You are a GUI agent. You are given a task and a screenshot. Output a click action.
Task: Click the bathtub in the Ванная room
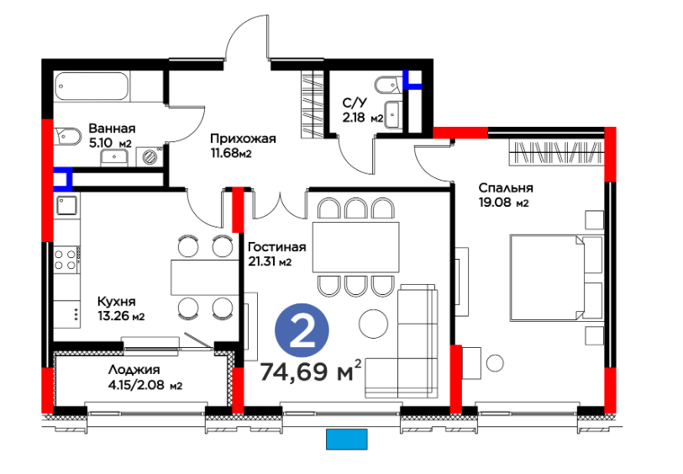tap(92, 86)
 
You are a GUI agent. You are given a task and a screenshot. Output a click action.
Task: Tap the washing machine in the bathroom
tap(150, 156)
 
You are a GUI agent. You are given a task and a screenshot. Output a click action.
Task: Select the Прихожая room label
tap(243, 139)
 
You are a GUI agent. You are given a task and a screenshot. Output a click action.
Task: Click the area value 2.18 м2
tap(362, 118)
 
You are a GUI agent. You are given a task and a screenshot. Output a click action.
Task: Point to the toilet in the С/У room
tap(388, 86)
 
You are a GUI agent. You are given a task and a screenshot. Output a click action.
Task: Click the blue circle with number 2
tap(302, 330)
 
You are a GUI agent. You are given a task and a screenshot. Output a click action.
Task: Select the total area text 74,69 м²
tap(311, 371)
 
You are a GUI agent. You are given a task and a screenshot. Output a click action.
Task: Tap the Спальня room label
tap(506, 187)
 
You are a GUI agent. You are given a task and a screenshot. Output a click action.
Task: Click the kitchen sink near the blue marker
tap(66, 205)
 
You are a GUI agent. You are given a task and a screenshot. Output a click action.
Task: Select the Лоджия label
tap(134, 370)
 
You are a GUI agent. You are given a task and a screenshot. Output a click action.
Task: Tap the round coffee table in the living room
tap(373, 324)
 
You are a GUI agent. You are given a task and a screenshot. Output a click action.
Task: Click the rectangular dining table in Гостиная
tap(356, 247)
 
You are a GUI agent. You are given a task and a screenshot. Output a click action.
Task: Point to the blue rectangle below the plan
tap(347, 440)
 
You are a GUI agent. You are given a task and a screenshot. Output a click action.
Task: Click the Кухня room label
tap(116, 302)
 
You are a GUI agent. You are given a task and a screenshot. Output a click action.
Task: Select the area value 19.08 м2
tap(503, 203)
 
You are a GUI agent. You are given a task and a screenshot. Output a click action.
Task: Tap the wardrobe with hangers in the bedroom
tap(556, 152)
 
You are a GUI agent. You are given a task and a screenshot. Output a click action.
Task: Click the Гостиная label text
tap(277, 247)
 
